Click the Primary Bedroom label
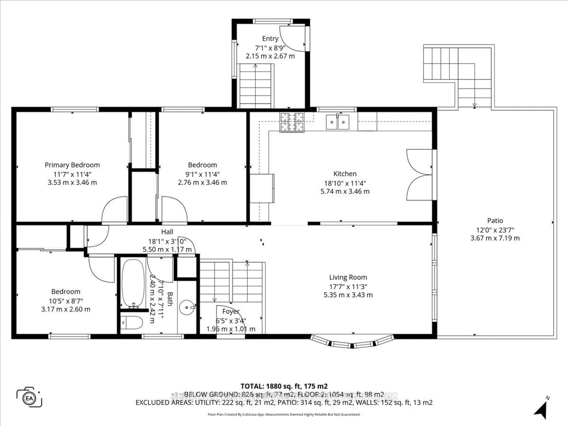pos(72,165)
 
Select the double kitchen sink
pos(337,122)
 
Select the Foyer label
pos(231,311)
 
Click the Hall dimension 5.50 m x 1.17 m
pos(167,249)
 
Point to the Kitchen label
pos(345,174)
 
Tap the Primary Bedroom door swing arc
pos(114,209)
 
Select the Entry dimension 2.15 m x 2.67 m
pos(270,56)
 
